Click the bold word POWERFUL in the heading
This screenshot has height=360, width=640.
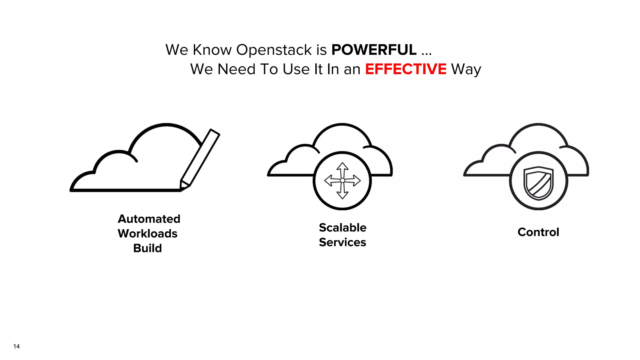click(374, 50)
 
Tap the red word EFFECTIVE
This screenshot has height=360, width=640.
click(406, 69)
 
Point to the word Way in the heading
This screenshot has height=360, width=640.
click(466, 69)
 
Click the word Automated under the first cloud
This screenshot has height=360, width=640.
click(149, 219)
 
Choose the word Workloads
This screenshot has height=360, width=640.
click(147, 233)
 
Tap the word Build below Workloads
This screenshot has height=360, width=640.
click(147, 248)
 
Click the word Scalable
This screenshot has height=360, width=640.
click(342, 227)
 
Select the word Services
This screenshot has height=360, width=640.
click(342, 242)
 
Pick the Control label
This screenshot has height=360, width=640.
click(538, 232)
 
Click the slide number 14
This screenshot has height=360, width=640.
click(17, 346)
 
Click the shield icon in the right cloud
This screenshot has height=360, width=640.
click(538, 183)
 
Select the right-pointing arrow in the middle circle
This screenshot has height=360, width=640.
click(355, 180)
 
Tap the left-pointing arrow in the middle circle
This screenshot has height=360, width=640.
click(330, 180)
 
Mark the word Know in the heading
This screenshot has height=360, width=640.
click(212, 50)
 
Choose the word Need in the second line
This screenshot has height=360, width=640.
click(236, 69)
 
